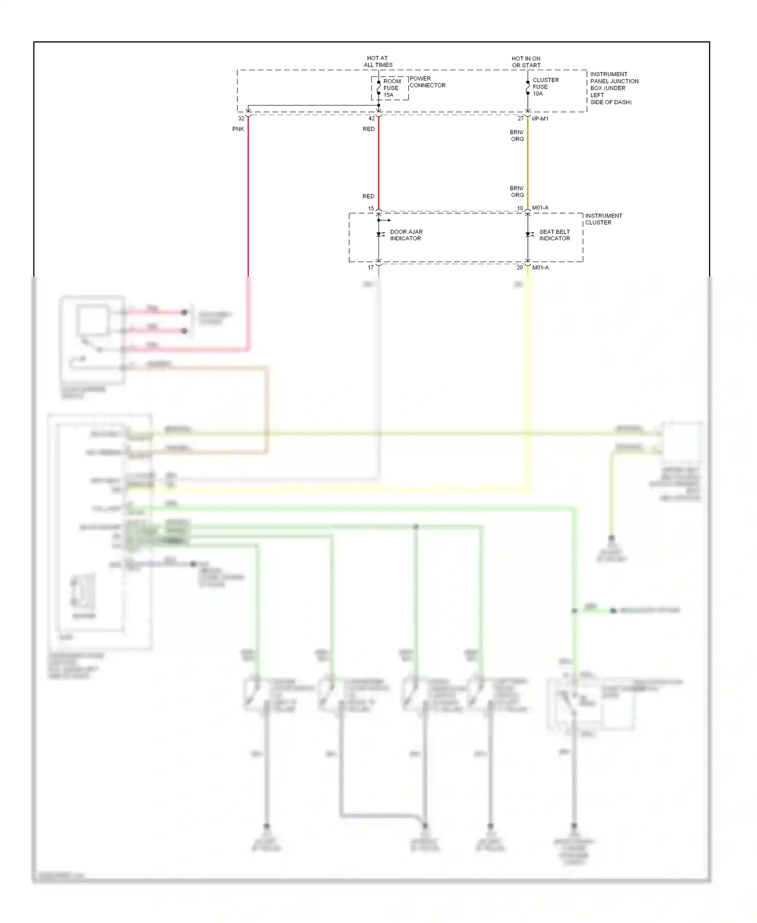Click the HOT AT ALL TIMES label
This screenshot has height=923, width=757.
click(x=377, y=62)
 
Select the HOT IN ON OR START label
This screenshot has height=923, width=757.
click(x=526, y=62)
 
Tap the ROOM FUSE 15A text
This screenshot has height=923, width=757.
click(x=392, y=88)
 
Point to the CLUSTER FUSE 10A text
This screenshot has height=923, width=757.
click(x=545, y=87)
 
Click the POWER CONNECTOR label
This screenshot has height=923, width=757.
click(x=427, y=82)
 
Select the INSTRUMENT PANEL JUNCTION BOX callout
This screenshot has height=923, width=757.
click(x=613, y=88)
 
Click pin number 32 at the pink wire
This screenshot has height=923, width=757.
click(x=241, y=119)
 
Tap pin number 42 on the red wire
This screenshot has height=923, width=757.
click(x=371, y=119)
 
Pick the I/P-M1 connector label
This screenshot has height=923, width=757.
click(x=540, y=119)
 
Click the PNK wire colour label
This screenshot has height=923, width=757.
click(x=238, y=129)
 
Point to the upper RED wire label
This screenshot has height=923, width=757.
click(x=368, y=129)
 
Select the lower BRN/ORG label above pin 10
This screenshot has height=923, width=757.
click(x=517, y=191)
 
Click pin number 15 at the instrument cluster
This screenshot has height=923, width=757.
click(x=371, y=209)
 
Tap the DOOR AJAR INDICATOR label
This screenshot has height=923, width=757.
click(x=406, y=235)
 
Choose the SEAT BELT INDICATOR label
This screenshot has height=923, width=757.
click(x=554, y=235)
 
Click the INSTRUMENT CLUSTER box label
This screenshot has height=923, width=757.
click(x=603, y=219)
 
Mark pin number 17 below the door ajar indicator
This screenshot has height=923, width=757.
click(x=370, y=268)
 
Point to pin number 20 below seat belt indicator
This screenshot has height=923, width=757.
click(x=519, y=268)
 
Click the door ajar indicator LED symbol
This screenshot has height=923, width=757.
click(x=380, y=234)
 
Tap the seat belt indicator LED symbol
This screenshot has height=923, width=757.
click(x=528, y=234)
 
